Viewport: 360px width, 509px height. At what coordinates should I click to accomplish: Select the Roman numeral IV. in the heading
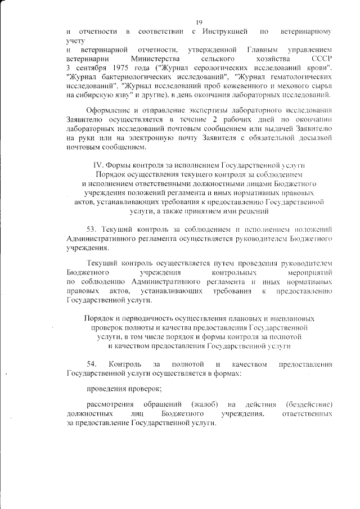pyautogui.click(x=98, y=165)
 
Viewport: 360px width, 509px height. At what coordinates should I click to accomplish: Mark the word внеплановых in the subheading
pyautogui.click(x=288, y=318)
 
